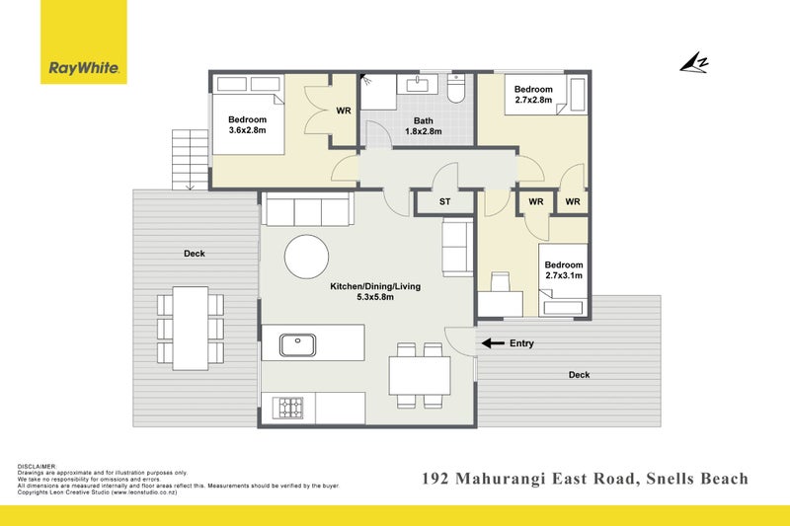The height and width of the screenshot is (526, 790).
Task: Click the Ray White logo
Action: click(84, 41)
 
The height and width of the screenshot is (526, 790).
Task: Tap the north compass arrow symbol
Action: click(694, 63)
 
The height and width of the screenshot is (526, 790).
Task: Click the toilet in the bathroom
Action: click(456, 89)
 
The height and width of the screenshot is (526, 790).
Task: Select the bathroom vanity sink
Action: click(417, 84)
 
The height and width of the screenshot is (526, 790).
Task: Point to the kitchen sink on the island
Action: click(298, 344)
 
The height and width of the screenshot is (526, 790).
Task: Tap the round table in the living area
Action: click(306, 257)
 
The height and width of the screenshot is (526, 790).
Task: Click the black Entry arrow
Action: click(493, 343)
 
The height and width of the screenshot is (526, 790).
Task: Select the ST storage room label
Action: click(444, 202)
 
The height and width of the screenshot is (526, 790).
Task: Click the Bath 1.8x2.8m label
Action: click(424, 126)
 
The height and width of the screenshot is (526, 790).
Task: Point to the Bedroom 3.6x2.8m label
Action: click(247, 124)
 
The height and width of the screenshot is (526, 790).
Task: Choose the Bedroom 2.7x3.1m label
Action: click(564, 269)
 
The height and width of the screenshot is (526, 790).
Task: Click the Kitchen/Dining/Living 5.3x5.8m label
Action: click(375, 291)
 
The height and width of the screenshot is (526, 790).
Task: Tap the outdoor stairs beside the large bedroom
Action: click(190, 160)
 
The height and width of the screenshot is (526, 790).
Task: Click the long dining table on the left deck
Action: click(191, 329)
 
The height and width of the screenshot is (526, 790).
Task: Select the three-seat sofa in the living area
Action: click(307, 209)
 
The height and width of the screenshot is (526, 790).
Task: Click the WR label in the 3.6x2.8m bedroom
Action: click(344, 111)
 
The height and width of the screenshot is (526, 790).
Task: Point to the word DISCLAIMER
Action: click(37, 467)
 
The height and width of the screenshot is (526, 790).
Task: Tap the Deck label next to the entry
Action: click(579, 375)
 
